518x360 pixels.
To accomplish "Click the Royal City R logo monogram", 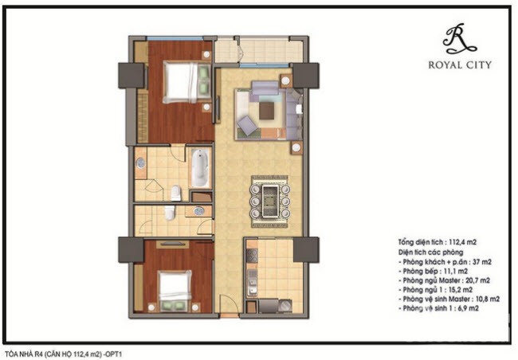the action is click(x=459, y=39).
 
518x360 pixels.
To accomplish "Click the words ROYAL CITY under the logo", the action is click(x=460, y=65).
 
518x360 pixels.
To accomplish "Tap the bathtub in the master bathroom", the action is click(x=200, y=168).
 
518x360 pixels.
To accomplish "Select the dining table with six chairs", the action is click(x=269, y=202).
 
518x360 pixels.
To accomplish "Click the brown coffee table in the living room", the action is click(x=266, y=111).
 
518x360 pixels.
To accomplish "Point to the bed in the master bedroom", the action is click(x=186, y=83).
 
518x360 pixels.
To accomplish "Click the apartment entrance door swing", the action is click(x=227, y=303).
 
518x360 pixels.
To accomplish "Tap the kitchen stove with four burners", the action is click(x=252, y=256).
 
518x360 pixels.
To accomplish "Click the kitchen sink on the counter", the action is click(x=253, y=282).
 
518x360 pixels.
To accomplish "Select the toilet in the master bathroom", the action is click(x=176, y=193).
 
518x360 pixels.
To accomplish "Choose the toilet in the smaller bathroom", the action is click(x=169, y=213).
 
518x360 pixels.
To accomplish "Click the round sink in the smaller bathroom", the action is click(x=198, y=211).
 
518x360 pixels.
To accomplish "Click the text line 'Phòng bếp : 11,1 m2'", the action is click(x=435, y=271).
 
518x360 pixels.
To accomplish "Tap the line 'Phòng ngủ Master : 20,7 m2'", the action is click(x=446, y=280).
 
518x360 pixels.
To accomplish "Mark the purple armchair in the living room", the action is click(x=247, y=125).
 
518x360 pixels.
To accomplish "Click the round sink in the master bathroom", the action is click(x=140, y=162).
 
